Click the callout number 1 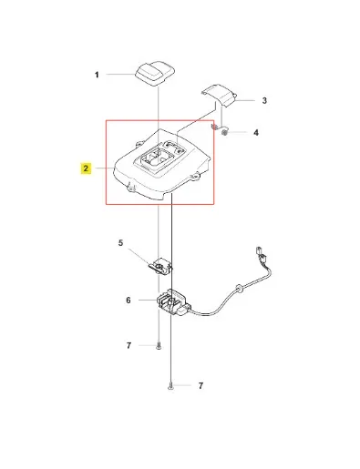97,75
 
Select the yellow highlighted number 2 86,168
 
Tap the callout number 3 264,100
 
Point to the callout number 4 256,133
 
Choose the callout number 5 120,243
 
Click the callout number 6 129,301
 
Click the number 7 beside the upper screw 129,345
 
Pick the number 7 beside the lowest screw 201,385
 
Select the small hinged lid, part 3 219,94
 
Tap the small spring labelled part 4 224,132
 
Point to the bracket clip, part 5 160,267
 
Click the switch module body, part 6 173,302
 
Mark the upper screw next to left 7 159,346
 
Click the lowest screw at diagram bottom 170,386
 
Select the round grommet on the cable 238,288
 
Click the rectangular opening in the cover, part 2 156,158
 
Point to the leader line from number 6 148,301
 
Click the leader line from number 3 246,100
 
